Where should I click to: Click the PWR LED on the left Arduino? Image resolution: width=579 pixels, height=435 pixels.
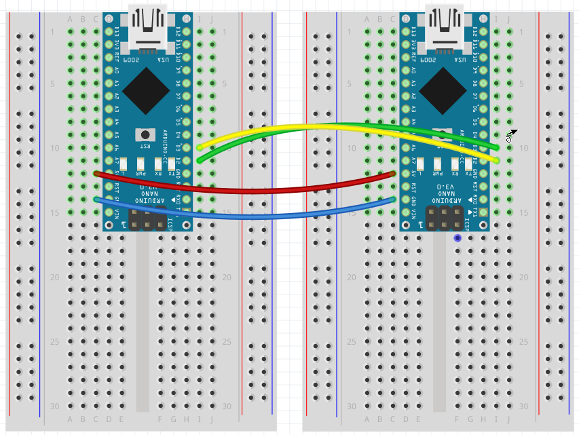pos(141,164)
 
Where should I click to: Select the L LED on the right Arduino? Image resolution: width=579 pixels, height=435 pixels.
pos(422,164)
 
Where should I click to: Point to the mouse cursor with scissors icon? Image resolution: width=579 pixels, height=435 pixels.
pos(511,134)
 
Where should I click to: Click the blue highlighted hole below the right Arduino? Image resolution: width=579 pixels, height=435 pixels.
pos(457,238)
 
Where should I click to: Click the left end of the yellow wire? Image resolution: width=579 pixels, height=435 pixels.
pos(199,147)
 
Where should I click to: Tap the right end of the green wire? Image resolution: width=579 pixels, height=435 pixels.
pos(497,147)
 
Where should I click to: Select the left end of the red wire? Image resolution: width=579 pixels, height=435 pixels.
pos(96,173)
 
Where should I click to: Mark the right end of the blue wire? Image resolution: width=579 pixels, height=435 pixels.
pos(393,199)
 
